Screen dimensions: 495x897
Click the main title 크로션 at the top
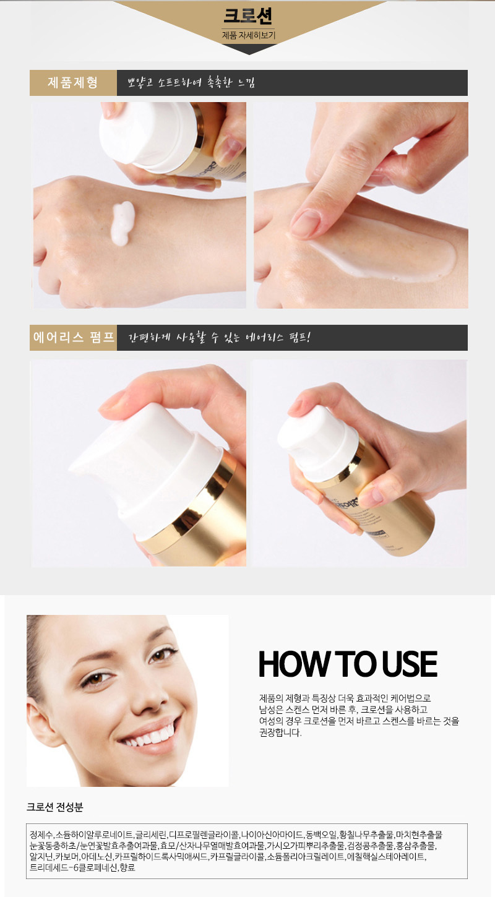tap(248, 15)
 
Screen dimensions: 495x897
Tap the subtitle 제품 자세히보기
tap(249, 35)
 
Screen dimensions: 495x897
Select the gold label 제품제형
tap(73, 82)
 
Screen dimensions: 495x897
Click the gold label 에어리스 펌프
tap(74, 337)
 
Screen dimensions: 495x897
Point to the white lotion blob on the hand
tap(122, 223)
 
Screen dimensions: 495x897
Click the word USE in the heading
tap(409, 664)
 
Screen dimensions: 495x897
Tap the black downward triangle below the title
tap(249, 49)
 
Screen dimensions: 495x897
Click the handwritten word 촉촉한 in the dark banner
tap(220, 82)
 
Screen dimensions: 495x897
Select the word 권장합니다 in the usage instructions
tap(280, 732)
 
